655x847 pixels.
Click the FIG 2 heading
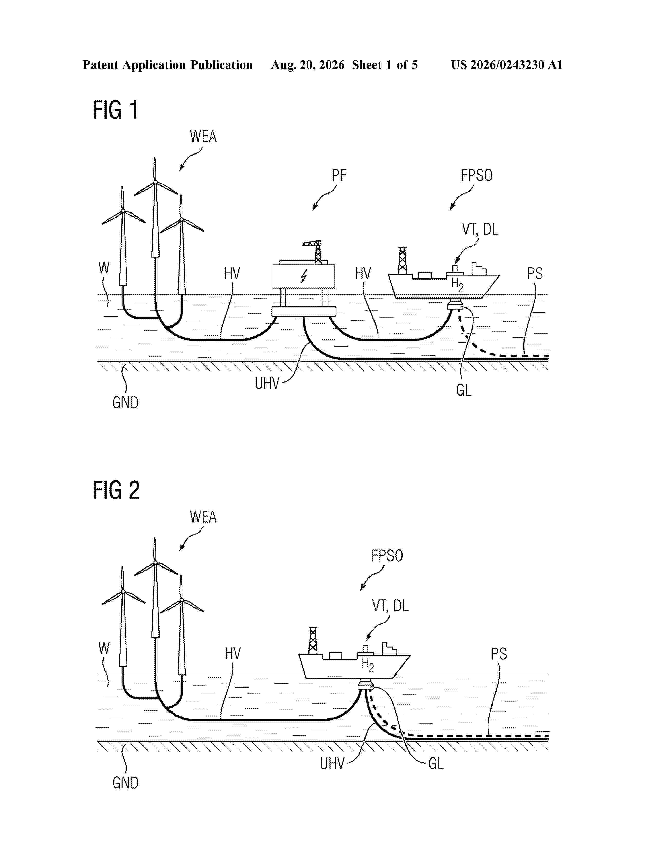pos(116,490)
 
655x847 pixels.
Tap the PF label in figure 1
pos(339,175)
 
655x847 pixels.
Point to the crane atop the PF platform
pos(315,252)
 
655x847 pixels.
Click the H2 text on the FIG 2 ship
pos(368,665)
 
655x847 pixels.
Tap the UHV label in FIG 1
pos(267,383)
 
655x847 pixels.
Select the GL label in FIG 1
pos(464,390)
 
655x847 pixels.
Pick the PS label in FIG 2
pos(499,654)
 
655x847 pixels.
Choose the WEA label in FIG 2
pos(203,517)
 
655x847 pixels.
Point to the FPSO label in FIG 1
pos(476,175)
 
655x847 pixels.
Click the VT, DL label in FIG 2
pos(390,606)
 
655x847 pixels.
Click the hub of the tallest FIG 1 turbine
pos(155,182)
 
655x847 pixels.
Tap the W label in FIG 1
pos(104,268)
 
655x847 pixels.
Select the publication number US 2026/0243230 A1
pos(507,65)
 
